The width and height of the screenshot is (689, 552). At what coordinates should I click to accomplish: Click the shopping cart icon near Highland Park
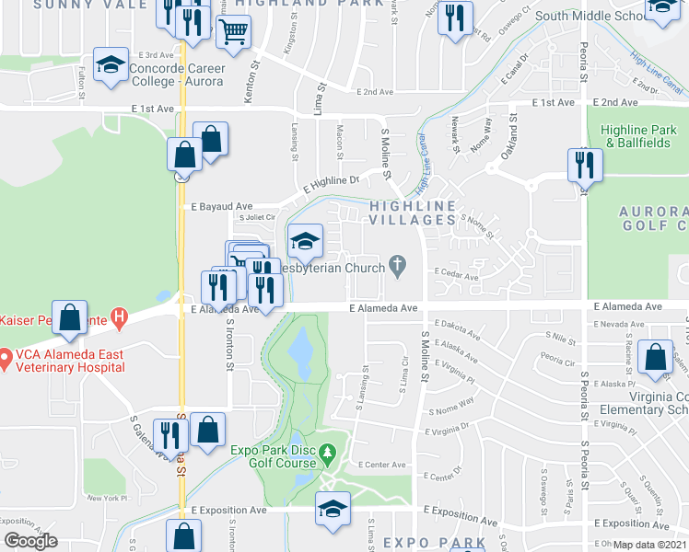pyautogui.click(x=235, y=32)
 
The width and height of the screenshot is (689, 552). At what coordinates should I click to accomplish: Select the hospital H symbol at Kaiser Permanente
pyautogui.click(x=119, y=318)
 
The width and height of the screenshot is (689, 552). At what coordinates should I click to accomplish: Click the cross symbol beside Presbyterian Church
pyautogui.click(x=398, y=268)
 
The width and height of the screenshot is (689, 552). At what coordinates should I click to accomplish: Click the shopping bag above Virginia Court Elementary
pyautogui.click(x=655, y=359)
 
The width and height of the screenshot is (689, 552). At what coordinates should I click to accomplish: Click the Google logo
pyautogui.click(x=30, y=540)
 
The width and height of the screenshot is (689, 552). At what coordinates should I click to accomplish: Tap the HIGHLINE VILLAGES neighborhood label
pyautogui.click(x=413, y=213)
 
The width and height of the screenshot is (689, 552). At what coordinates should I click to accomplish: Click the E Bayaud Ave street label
pyautogui.click(x=221, y=207)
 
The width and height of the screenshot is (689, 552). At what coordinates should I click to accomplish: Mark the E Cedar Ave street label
pyautogui.click(x=458, y=276)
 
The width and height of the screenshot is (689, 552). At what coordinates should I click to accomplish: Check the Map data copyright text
pyautogui.click(x=649, y=545)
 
